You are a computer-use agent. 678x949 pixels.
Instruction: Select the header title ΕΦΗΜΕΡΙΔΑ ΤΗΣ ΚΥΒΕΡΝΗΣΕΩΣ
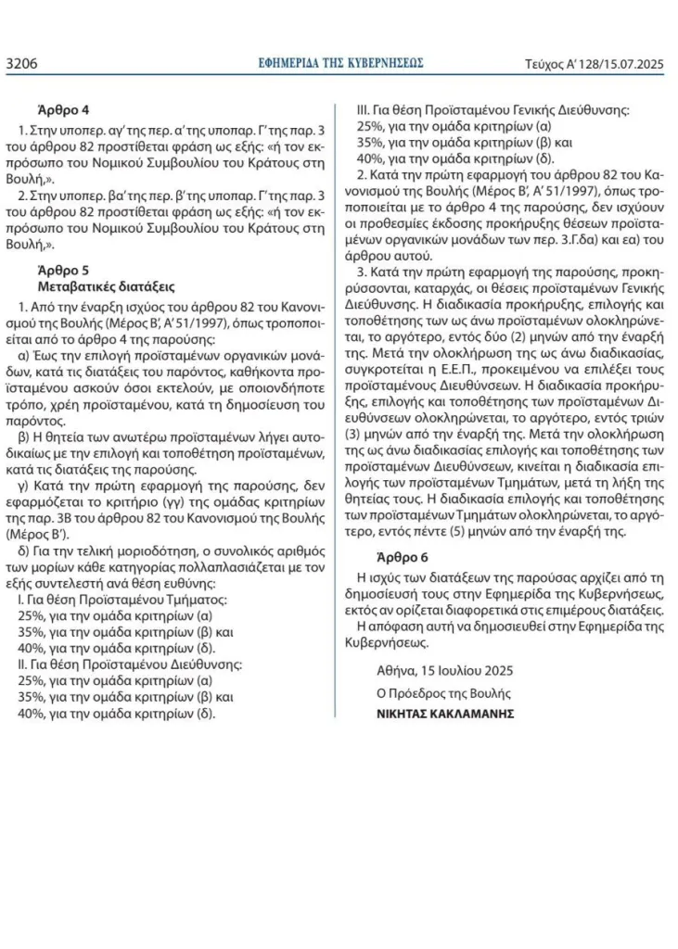[x=340, y=63]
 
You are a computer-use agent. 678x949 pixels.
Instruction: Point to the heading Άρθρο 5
[x=63, y=271]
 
